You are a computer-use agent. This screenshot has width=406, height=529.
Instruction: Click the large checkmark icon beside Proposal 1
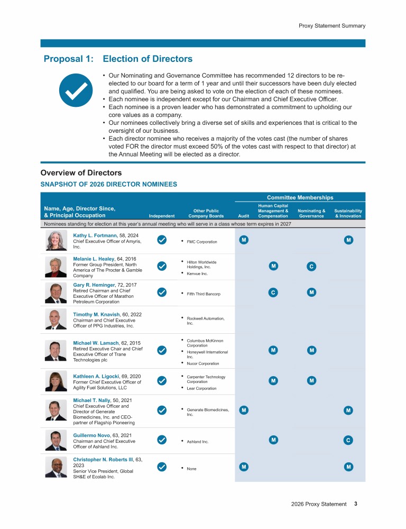tap(72, 90)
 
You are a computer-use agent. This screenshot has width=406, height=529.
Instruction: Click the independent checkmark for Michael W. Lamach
tap(162, 350)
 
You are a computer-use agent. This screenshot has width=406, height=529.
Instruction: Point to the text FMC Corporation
tap(202, 242)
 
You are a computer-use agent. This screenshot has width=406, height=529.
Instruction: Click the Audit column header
tap(243, 216)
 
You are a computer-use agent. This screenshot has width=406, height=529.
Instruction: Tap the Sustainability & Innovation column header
tap(348, 213)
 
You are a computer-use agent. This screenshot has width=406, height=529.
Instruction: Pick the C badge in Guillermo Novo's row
tap(348, 440)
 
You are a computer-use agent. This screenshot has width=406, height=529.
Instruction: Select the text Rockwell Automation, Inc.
tap(206, 321)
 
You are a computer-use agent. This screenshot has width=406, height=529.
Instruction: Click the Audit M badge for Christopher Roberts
tap(243, 467)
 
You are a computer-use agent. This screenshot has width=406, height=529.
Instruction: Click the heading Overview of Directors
tap(81, 173)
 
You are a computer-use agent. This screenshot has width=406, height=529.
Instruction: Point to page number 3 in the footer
tap(356, 504)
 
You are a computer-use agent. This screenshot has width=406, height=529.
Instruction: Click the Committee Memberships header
tap(299, 197)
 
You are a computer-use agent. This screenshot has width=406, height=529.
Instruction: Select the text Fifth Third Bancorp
tap(204, 294)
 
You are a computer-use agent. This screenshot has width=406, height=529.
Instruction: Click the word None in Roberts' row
tap(192, 469)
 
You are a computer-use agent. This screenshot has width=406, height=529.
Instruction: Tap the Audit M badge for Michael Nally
tap(243, 410)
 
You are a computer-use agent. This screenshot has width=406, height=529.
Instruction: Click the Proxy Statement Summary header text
tap(331, 25)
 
